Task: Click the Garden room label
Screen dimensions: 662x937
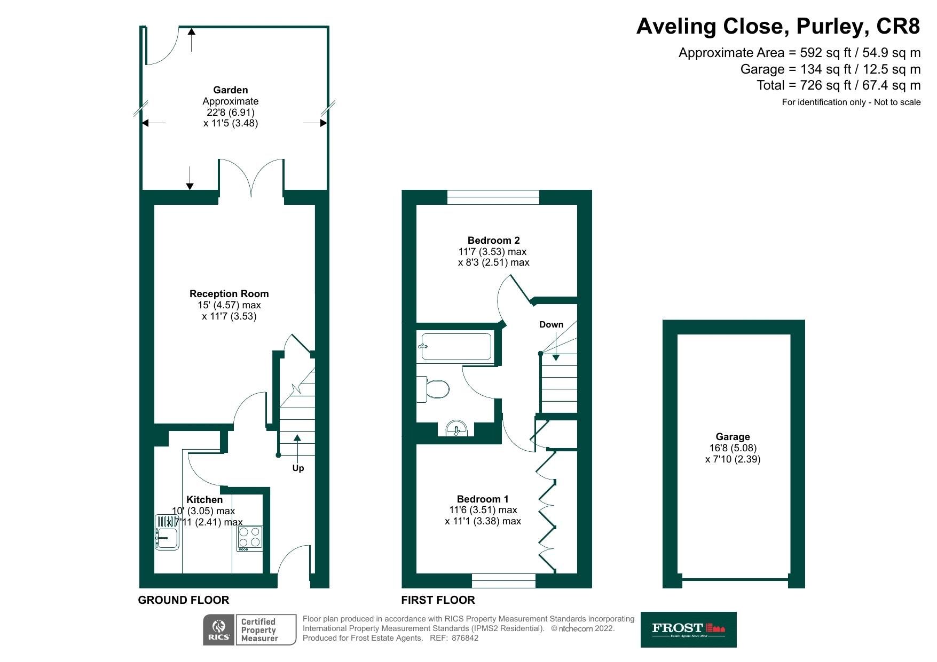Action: point(230,90)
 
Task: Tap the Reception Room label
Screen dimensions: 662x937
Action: point(229,294)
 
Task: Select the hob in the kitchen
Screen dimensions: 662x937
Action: point(250,538)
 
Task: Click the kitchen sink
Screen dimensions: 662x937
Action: point(167,532)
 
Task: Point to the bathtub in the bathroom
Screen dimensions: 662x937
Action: point(456,347)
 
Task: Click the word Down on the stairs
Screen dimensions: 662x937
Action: point(551,324)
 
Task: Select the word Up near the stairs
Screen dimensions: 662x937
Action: point(298,468)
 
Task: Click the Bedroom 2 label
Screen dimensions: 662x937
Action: point(493,241)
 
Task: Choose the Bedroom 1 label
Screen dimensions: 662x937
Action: point(483,499)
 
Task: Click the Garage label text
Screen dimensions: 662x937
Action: point(733,437)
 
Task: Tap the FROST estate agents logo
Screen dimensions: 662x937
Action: point(688,629)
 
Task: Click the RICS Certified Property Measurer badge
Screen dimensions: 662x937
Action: point(249,630)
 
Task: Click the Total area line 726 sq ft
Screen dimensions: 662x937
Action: point(838,85)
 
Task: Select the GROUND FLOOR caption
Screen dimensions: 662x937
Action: point(184,600)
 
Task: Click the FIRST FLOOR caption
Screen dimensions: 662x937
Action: point(438,600)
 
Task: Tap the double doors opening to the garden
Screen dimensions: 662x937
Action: point(251,179)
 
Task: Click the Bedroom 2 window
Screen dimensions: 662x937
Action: point(493,197)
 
